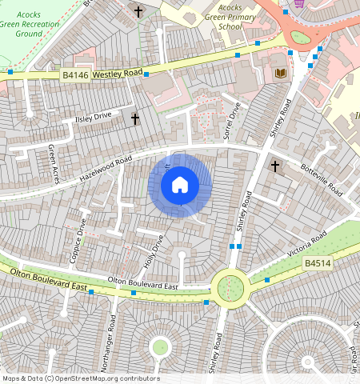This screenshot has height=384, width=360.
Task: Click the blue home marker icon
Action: pos(180,186)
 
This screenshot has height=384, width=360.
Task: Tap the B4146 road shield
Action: pos(75,74)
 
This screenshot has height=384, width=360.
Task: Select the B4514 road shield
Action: pos(315,262)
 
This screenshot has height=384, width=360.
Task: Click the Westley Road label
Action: pos(118,74)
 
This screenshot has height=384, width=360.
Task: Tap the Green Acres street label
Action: pos(52,163)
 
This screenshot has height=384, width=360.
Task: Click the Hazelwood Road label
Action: pos(104,168)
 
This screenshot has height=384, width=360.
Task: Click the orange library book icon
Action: pos(279,74)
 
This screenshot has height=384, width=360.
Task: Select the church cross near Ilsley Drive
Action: pos(134,119)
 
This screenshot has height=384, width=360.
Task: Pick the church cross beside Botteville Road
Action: pos(275,166)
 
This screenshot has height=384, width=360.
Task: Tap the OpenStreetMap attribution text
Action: pos(81,378)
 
